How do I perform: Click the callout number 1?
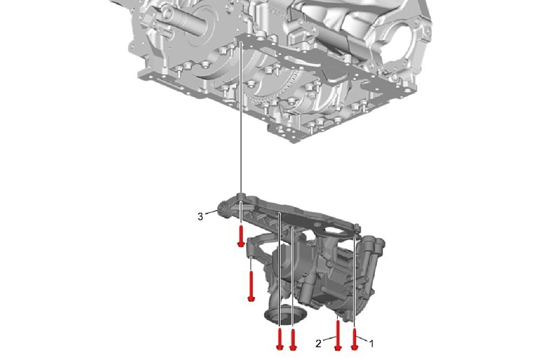pos(370,344)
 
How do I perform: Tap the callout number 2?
pos(318,344)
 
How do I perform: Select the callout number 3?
pos(200,217)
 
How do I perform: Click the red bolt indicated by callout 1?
pos(354,339)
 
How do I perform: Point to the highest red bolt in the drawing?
pos(241,236)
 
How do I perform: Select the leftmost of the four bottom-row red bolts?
pos(280,338)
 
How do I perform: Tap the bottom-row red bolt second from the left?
pos(293,338)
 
